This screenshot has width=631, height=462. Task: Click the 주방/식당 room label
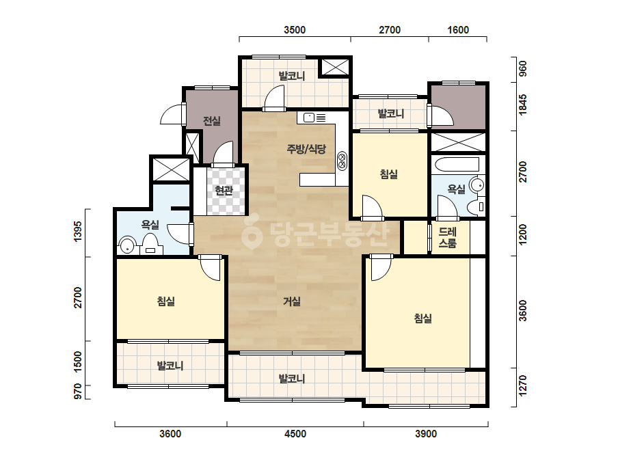coord(306,149)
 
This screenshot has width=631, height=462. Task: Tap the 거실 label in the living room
coord(292,301)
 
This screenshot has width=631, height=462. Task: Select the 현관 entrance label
coord(224,191)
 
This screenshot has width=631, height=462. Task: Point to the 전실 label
coord(212,121)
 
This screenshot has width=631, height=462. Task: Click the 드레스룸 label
coord(448,237)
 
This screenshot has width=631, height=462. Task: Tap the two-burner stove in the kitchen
coord(342,161)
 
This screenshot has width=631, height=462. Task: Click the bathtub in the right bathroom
coord(457,165)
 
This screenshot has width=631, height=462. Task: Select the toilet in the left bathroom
coord(150,245)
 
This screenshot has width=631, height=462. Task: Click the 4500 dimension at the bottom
coord(295,434)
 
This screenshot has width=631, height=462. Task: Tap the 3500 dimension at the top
coord(295,30)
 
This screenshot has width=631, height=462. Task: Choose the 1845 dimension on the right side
coord(522,105)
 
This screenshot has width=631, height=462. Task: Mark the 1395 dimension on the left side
coord(78,232)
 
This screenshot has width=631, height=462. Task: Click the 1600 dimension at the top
coord(458,30)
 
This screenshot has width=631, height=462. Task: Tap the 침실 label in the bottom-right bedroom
coord(423,318)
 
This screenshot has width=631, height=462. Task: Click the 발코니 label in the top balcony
coord(292,76)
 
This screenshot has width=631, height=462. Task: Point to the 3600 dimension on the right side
coord(522,311)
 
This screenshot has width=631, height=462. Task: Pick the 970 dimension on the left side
coord(78,391)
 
